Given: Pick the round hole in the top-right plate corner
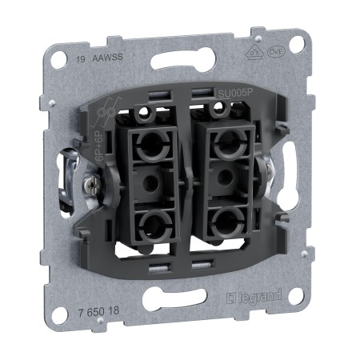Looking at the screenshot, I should tap(296, 45).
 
